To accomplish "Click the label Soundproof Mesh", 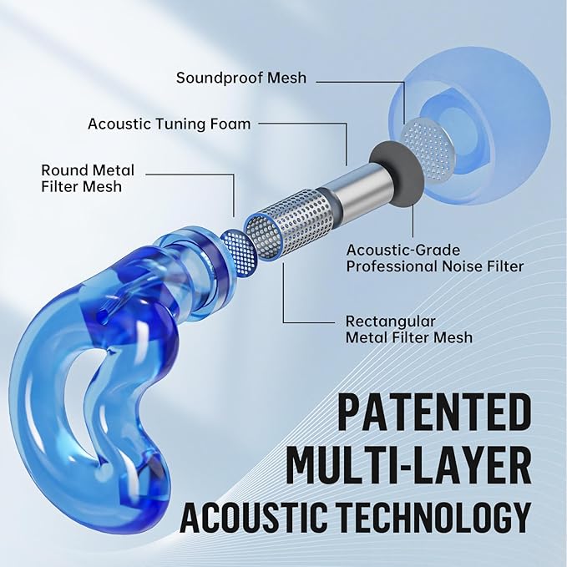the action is [x=241, y=78].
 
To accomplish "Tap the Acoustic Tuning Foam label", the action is [x=170, y=124].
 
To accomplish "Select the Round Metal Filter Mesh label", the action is [x=88, y=178].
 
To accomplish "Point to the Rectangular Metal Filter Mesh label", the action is [x=409, y=329].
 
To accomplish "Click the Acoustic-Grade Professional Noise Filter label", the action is [x=435, y=258].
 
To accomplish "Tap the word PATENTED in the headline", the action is [x=434, y=413].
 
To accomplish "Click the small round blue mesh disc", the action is [x=239, y=251].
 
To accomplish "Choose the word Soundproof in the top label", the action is [x=220, y=78].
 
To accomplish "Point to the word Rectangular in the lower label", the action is [x=391, y=321].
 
